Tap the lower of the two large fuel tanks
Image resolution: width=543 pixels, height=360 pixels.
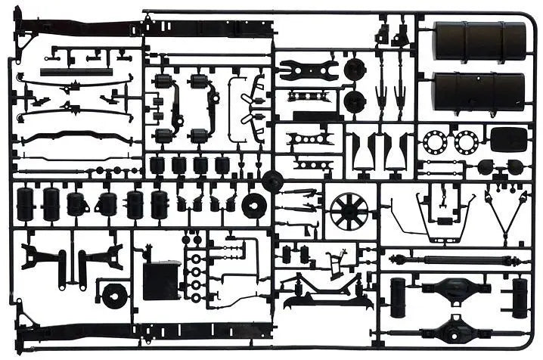click(479, 92)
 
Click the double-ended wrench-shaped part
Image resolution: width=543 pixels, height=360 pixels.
click(308, 70)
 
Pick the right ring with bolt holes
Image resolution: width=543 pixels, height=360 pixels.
click(464, 141)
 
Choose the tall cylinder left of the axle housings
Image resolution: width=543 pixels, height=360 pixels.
click(399, 296)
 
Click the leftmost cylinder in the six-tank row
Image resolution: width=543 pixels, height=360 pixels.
click(26, 204)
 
